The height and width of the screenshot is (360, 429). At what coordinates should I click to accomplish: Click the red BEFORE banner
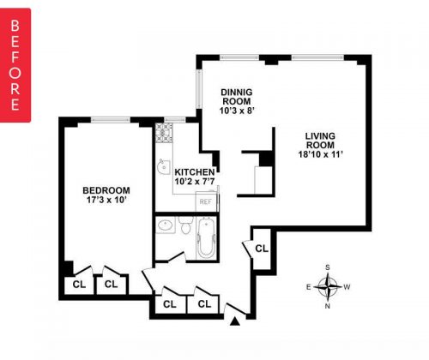[15, 65]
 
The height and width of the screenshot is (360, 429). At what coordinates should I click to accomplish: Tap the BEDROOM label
[106, 190]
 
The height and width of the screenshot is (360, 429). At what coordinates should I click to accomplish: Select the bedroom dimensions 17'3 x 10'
[106, 200]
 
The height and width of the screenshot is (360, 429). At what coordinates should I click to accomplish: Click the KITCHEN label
[195, 172]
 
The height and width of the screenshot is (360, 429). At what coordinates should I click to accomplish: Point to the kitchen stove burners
[164, 133]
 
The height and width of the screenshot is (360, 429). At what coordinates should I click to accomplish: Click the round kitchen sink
[163, 166]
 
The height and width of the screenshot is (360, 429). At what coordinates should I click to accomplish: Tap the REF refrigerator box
[206, 201]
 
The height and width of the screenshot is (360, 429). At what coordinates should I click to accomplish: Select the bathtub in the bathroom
[206, 238]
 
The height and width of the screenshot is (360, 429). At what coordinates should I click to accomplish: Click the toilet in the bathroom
[186, 225]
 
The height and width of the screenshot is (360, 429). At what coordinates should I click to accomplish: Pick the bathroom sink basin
[165, 225]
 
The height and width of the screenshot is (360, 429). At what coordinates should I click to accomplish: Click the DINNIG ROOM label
[237, 97]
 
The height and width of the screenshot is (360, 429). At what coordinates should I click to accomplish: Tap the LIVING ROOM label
[320, 141]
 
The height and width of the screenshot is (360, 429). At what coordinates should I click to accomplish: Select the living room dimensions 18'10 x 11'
[320, 154]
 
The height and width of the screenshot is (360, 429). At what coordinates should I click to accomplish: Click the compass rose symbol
[328, 286]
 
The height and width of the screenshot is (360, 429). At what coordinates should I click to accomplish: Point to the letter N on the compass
[328, 306]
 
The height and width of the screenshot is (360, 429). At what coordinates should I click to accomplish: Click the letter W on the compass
[347, 287]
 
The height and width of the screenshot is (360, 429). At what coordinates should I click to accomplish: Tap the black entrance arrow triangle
[235, 321]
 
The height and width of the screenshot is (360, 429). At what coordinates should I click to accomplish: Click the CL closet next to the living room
[262, 249]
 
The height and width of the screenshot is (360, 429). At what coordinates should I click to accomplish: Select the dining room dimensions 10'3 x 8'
[237, 111]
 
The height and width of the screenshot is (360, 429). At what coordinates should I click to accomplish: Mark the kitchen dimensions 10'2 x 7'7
[195, 181]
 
